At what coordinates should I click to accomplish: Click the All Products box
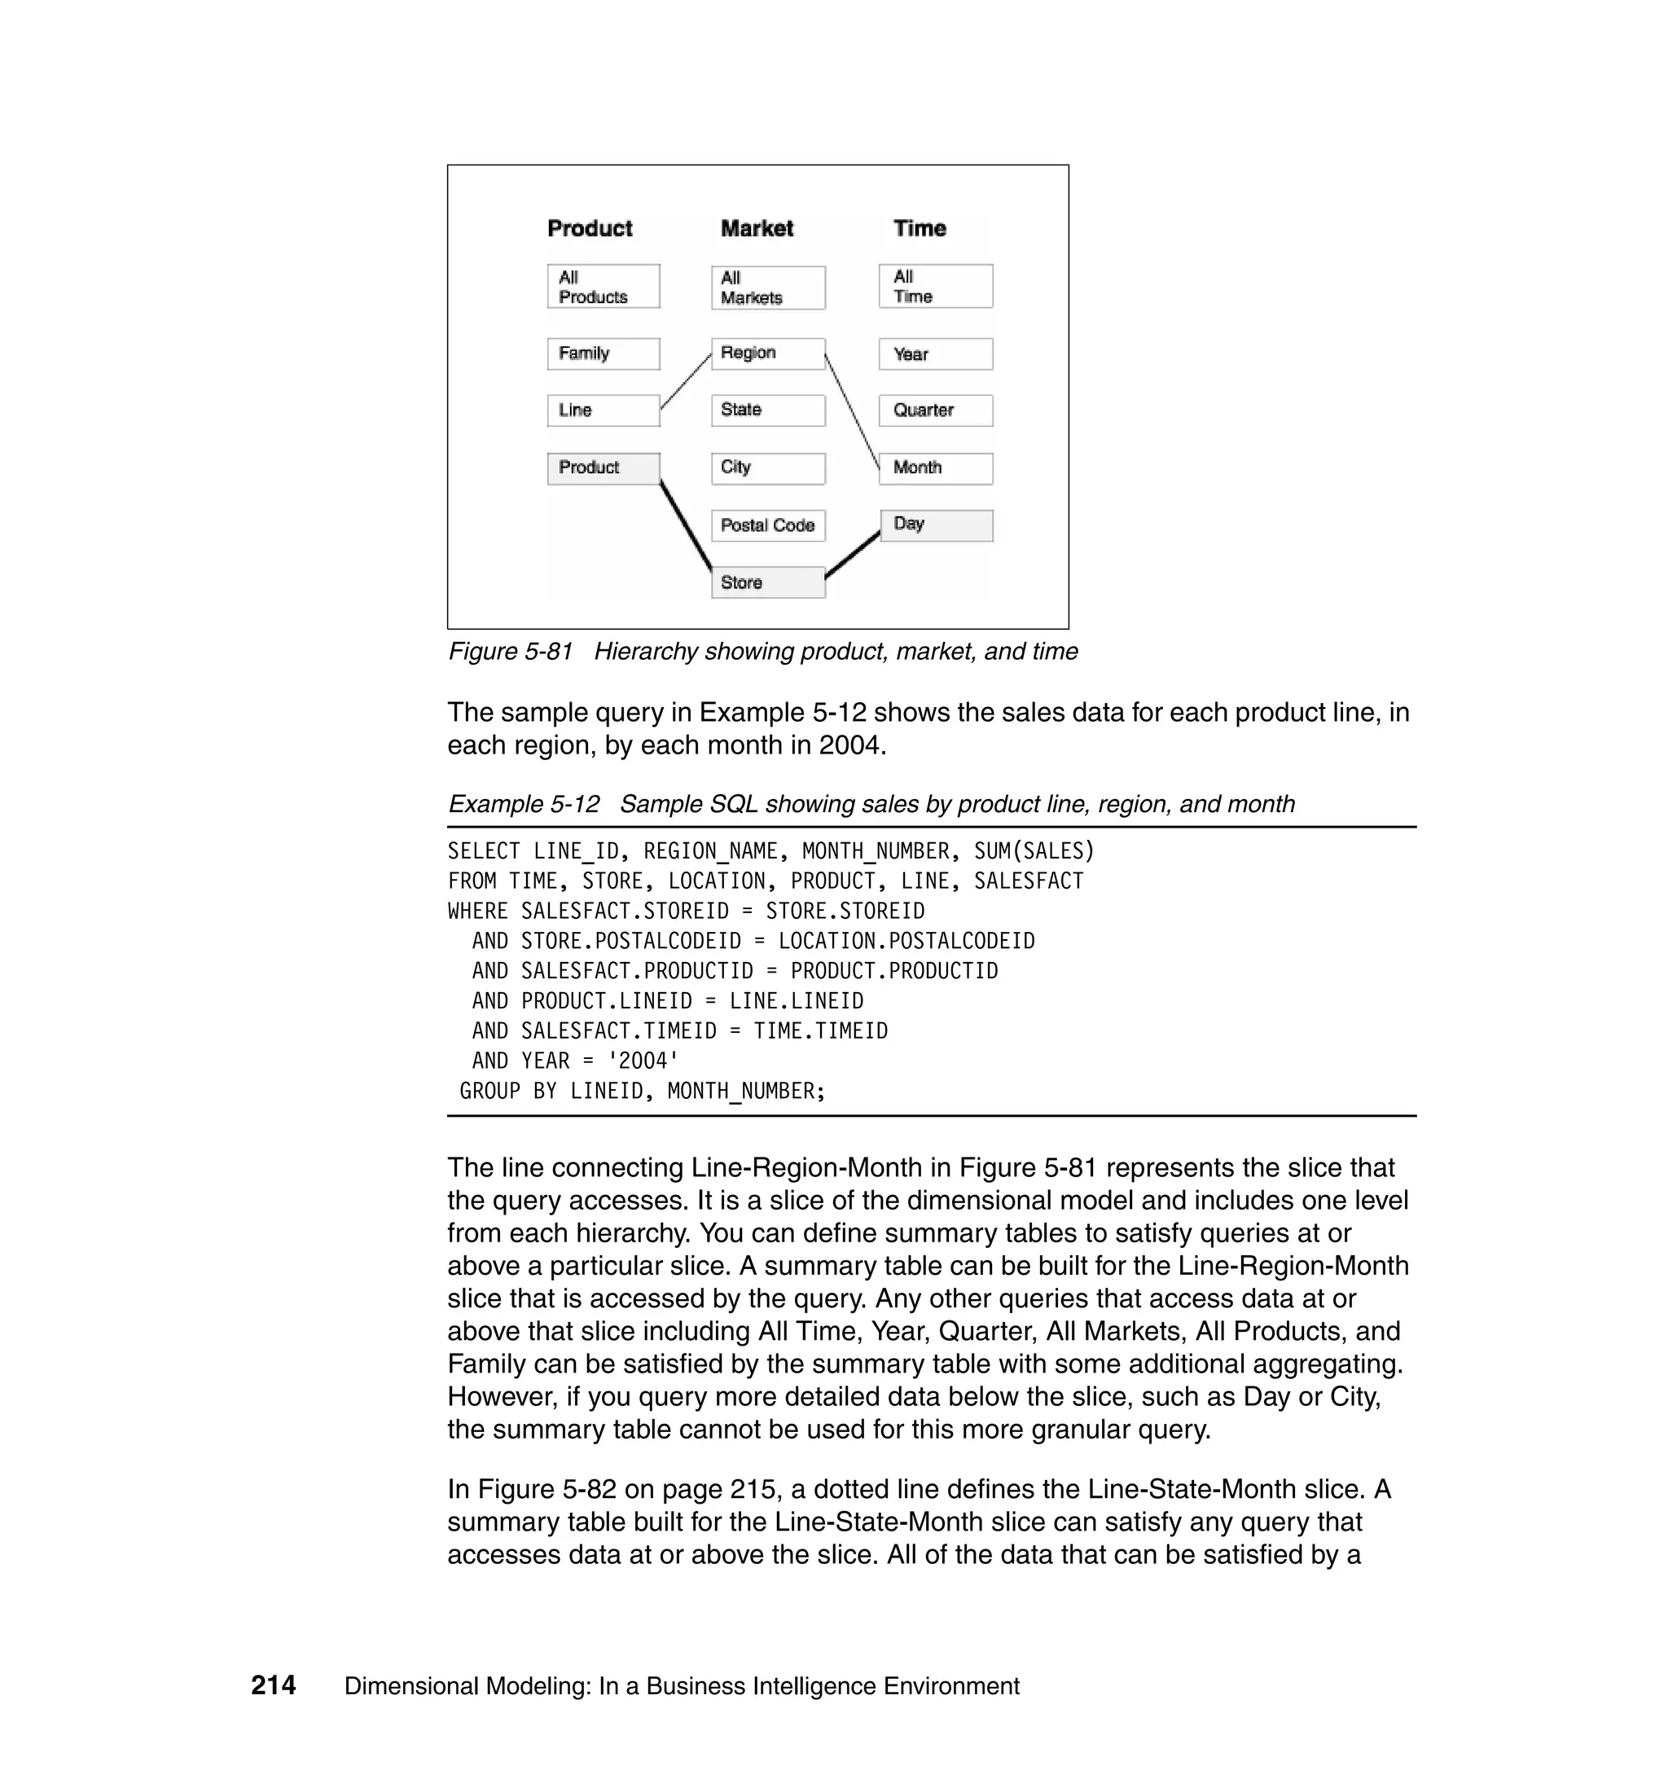(x=603, y=287)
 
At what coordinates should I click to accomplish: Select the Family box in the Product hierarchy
(x=603, y=354)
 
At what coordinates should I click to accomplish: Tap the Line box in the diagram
(x=603, y=411)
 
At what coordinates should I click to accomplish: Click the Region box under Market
(x=767, y=354)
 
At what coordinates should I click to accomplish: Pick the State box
(x=767, y=410)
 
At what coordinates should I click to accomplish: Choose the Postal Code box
(x=767, y=525)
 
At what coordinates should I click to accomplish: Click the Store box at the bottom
(x=767, y=582)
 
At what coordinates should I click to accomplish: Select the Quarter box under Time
(x=935, y=411)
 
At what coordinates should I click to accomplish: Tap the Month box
(x=935, y=468)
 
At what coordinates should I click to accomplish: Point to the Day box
(x=937, y=525)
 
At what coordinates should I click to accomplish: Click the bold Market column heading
(x=757, y=229)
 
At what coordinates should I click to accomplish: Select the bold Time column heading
(x=920, y=229)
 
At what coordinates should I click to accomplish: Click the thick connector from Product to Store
(x=686, y=526)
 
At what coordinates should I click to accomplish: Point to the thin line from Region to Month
(x=852, y=411)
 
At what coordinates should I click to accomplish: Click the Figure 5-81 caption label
(x=511, y=652)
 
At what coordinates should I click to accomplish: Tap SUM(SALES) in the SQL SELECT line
(x=1034, y=851)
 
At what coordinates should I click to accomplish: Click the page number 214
(x=273, y=1685)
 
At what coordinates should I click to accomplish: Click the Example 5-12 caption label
(x=524, y=804)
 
